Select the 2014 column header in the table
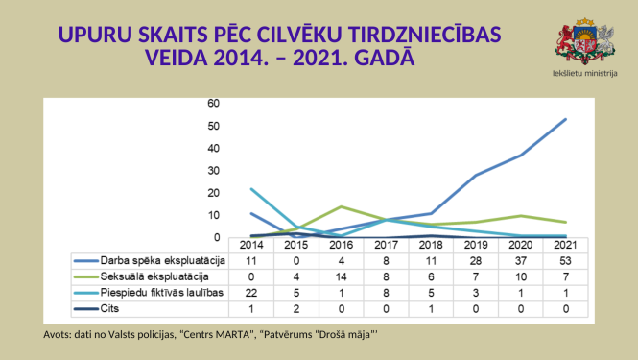[x=251, y=246]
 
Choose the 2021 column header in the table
[x=565, y=246]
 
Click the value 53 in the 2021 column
[x=565, y=260]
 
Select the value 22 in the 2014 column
[x=251, y=291]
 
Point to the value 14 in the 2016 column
[x=341, y=276]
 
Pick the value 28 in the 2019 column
[x=475, y=260]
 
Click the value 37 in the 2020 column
[x=520, y=260]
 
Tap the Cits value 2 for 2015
[x=295, y=307]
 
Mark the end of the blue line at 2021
[x=565, y=119]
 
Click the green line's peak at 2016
[x=341, y=206]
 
